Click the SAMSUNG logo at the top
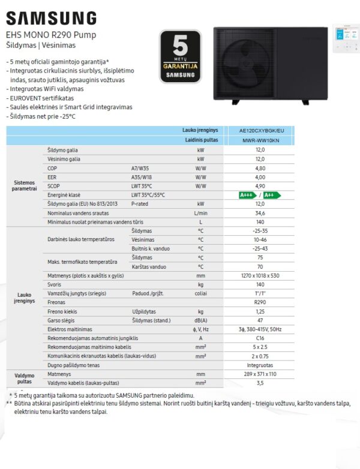[x=50, y=17]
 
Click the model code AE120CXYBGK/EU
[x=261, y=130]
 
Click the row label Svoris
[x=55, y=284]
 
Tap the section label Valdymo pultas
[x=24, y=378]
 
